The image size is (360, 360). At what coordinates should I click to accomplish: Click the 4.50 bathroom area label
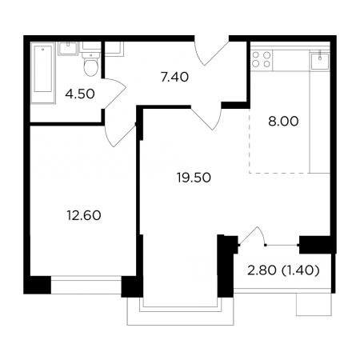click(x=80, y=94)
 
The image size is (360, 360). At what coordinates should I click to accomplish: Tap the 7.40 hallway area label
click(x=174, y=77)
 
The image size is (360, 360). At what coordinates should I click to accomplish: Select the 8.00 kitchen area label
click(x=283, y=122)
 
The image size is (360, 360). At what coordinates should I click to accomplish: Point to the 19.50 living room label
click(x=194, y=178)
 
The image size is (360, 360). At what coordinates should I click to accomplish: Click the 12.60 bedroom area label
click(x=84, y=215)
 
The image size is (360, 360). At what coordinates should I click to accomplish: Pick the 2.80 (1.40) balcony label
click(x=283, y=271)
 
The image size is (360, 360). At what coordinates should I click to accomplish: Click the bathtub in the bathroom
click(x=42, y=73)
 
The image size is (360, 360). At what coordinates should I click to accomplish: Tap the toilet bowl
click(x=91, y=64)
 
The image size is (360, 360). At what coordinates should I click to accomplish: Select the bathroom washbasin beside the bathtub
click(x=68, y=49)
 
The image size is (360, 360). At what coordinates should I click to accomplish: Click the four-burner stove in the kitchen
click(x=262, y=59)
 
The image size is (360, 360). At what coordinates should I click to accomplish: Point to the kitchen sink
click(x=320, y=61)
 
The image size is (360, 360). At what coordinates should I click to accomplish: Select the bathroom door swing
click(x=114, y=94)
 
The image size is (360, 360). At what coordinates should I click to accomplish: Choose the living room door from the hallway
click(x=206, y=118)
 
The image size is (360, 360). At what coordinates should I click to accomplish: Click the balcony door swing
click(x=252, y=236)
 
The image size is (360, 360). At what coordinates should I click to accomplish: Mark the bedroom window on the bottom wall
click(x=86, y=285)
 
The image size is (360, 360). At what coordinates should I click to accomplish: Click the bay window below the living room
click(x=181, y=310)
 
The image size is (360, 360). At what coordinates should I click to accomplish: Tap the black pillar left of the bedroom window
click(x=38, y=285)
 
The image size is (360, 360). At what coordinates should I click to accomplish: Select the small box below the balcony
click(x=314, y=304)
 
